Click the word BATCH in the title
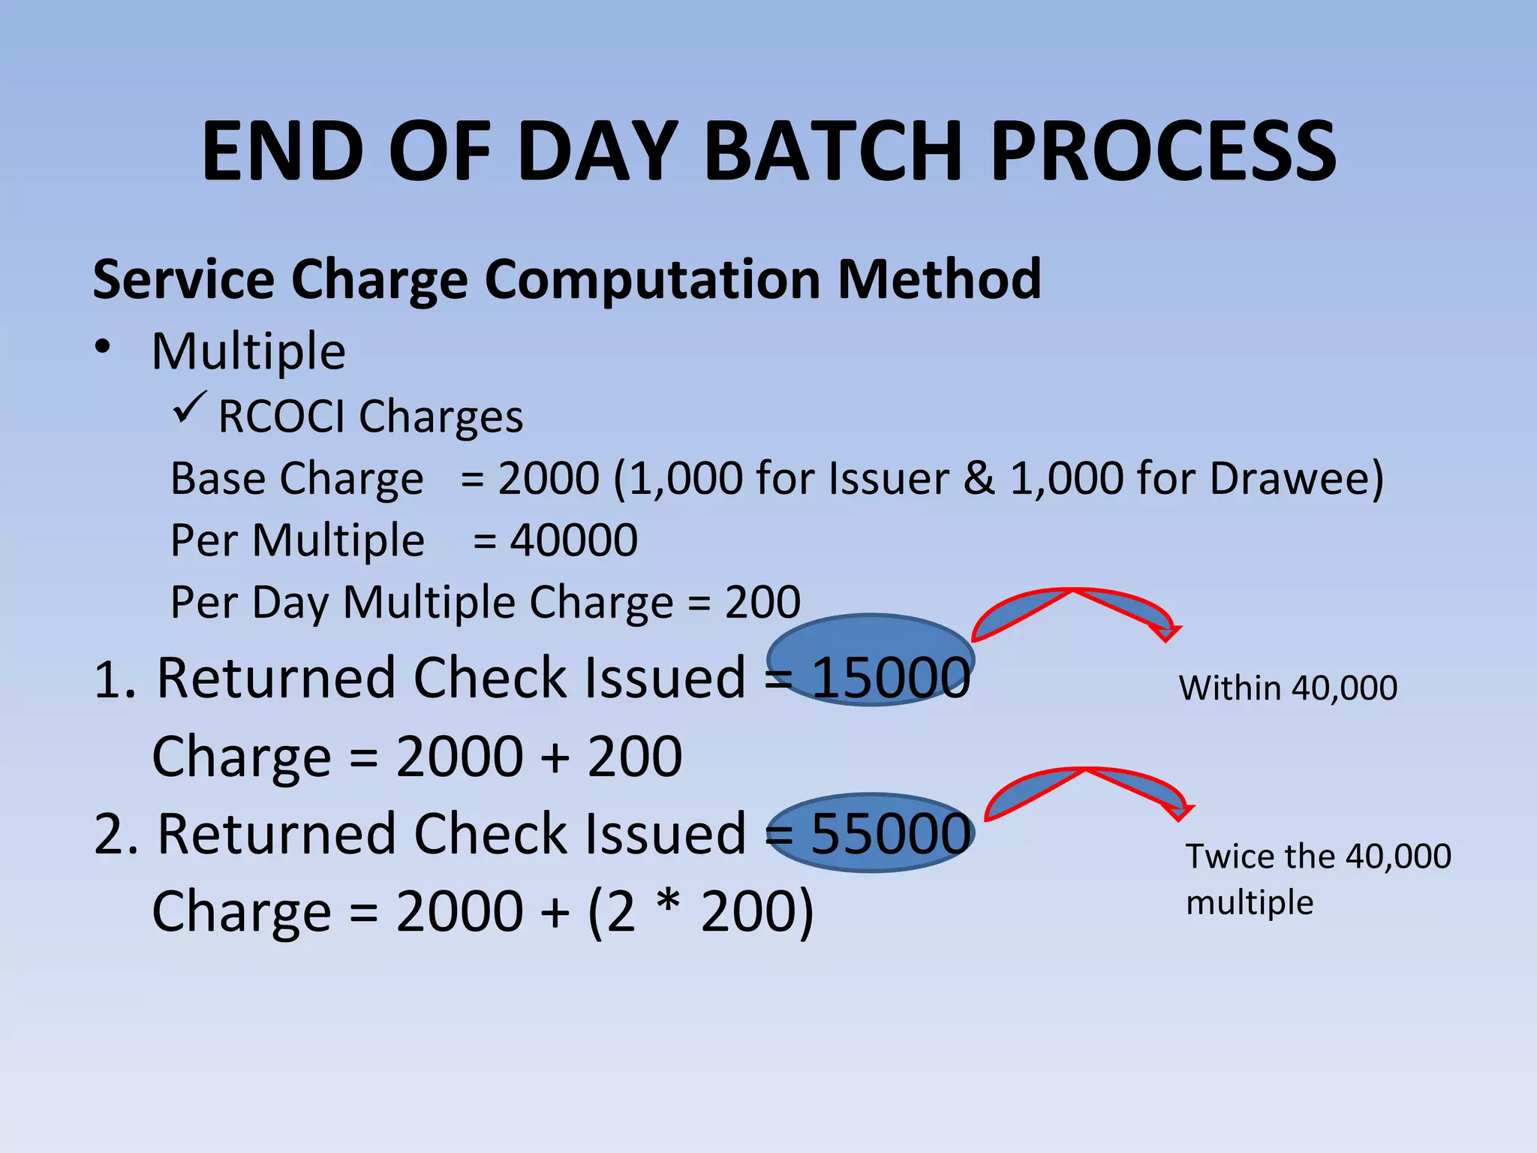click(x=833, y=152)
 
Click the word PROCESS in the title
click(x=1163, y=152)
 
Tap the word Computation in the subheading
click(x=653, y=279)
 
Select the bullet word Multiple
click(x=248, y=351)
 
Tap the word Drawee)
click(x=1297, y=478)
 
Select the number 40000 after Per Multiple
click(x=574, y=540)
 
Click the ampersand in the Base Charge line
click(x=979, y=478)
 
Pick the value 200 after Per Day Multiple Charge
click(x=762, y=602)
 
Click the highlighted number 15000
click(x=891, y=678)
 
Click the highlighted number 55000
click(x=891, y=833)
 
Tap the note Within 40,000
click(x=1288, y=688)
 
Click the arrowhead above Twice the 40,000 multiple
click(x=1178, y=813)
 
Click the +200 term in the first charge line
click(x=634, y=757)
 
